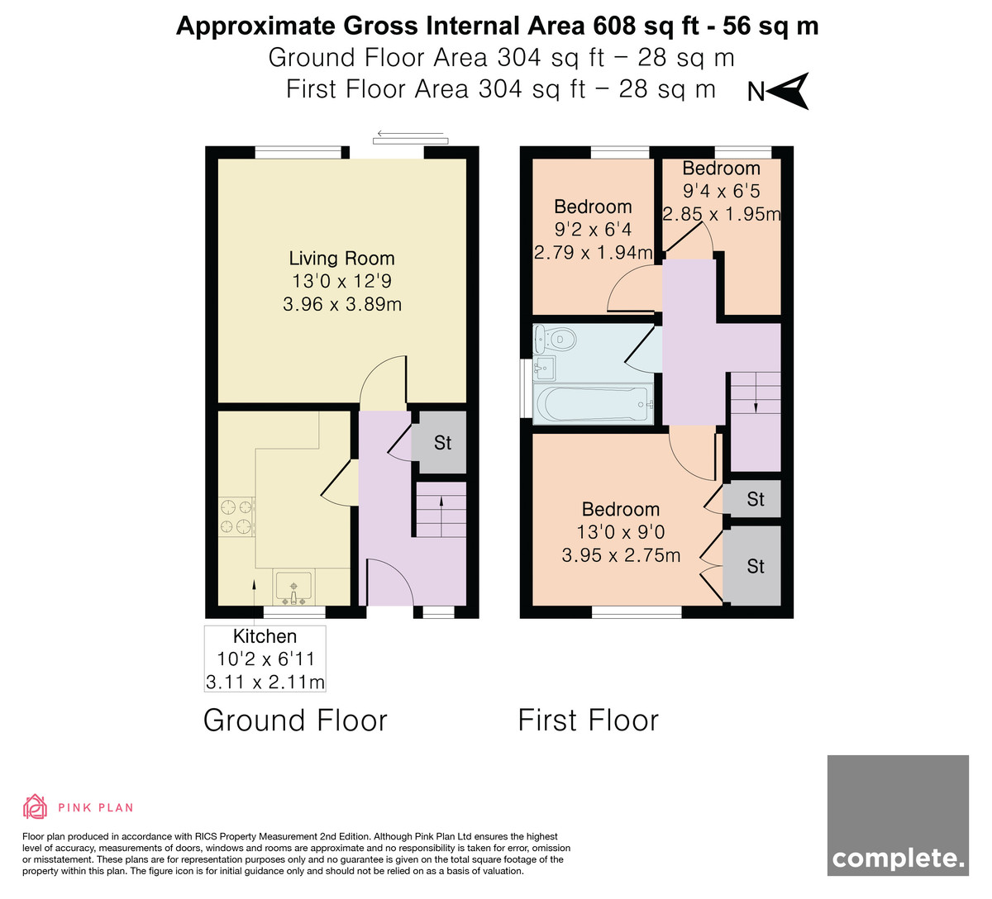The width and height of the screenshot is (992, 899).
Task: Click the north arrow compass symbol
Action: [x=789, y=91]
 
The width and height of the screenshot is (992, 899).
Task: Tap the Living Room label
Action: [x=341, y=258]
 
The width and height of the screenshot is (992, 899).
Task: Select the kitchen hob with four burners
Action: [x=237, y=516]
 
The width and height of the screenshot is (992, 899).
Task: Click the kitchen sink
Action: [x=293, y=588]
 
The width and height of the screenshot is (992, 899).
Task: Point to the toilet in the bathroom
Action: [x=556, y=340]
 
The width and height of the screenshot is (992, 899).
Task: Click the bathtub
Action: [x=594, y=404]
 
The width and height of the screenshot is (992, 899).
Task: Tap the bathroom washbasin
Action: [x=545, y=368]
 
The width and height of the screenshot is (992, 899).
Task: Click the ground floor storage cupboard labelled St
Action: [x=440, y=442]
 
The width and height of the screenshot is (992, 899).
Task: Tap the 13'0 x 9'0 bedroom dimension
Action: [x=621, y=532]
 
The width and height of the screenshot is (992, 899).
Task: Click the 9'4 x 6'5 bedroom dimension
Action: [x=721, y=191]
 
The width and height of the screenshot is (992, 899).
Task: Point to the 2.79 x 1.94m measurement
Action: [x=593, y=253]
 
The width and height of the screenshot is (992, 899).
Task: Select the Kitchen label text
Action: [x=265, y=636]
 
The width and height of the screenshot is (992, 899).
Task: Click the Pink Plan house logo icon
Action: [x=35, y=806]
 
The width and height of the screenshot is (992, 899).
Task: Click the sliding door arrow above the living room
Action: [x=410, y=134]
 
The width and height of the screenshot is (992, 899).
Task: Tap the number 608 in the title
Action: [x=614, y=26]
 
